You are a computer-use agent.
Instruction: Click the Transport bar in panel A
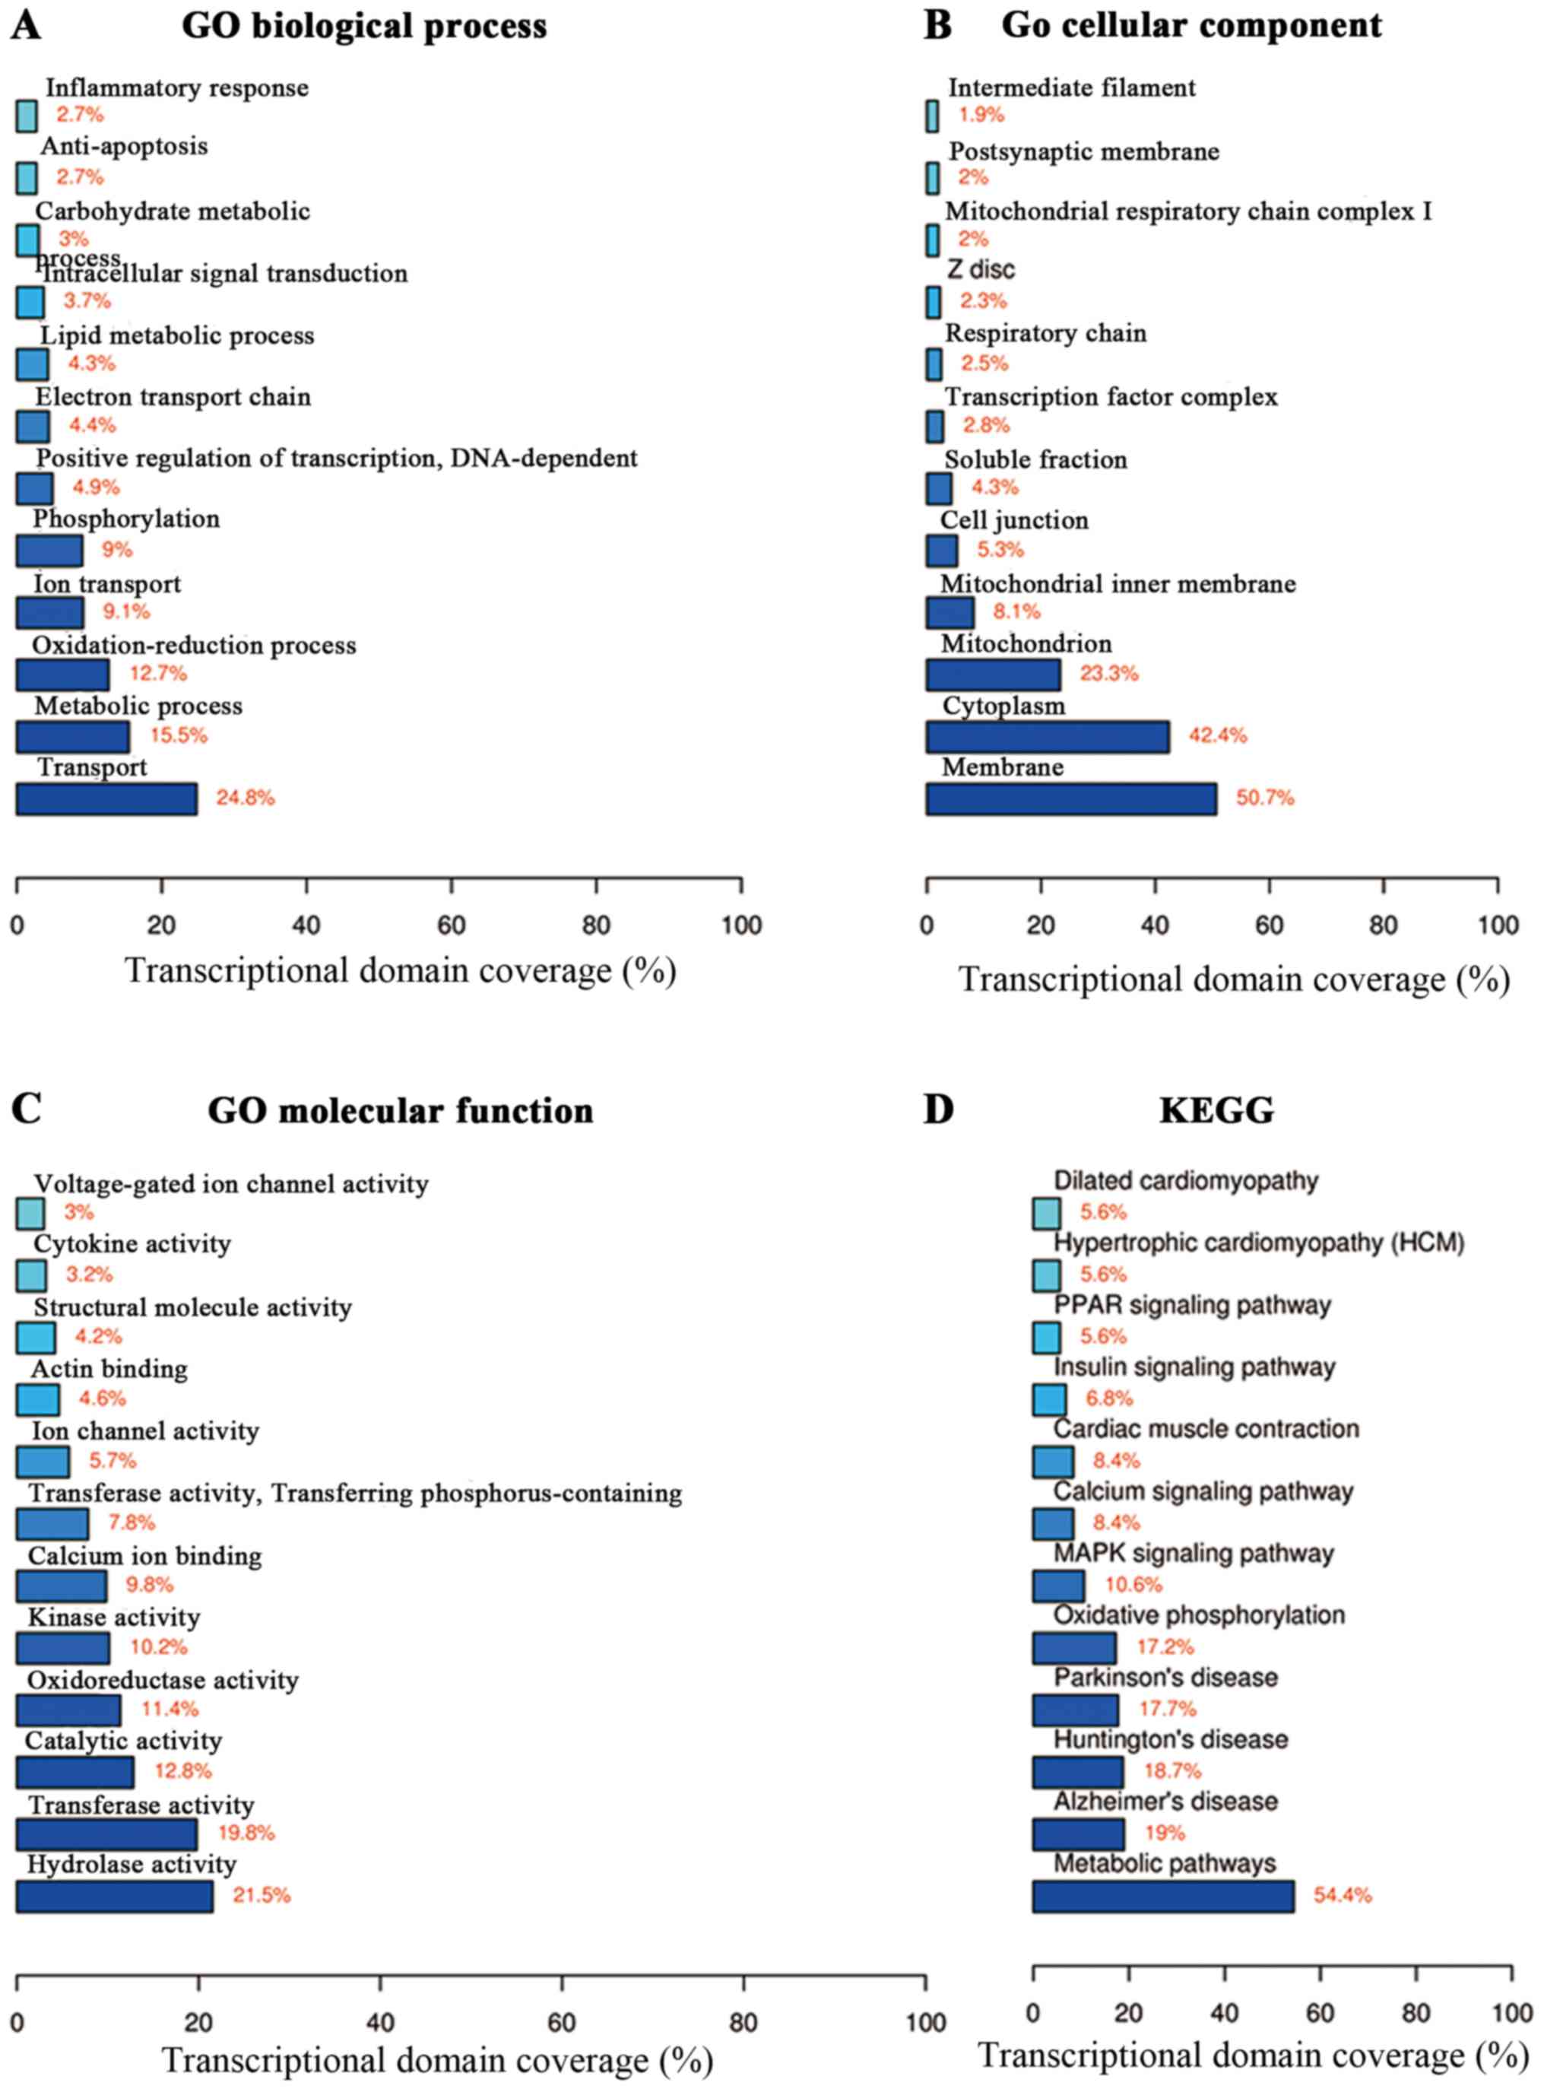pos(106,799)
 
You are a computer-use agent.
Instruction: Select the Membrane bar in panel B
pos(1071,799)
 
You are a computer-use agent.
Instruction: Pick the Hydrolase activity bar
pos(114,1896)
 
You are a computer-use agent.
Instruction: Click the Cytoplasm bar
pos(1047,737)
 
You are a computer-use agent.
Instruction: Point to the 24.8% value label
pos(245,798)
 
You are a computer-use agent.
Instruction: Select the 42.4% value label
pos(1217,735)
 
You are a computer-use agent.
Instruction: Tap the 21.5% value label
pos(262,1896)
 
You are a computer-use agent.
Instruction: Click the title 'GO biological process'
pos(363,25)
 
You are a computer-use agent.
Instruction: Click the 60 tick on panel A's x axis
pos(452,926)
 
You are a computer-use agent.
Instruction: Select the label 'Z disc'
pos(981,270)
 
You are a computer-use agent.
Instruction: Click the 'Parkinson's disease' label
pos(1165,1677)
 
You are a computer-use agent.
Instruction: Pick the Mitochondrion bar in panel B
pos(993,674)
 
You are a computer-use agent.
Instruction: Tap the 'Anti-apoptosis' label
pos(125,147)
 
